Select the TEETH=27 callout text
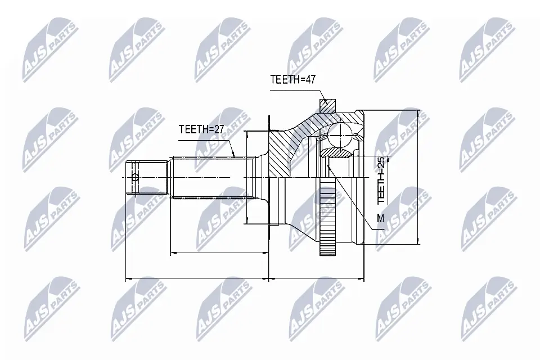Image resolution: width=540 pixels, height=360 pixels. [x=201, y=129]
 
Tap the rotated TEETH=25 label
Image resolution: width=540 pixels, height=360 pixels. [x=381, y=180]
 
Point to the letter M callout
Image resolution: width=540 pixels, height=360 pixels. [x=380, y=218]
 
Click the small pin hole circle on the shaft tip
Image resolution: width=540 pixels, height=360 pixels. [x=134, y=178]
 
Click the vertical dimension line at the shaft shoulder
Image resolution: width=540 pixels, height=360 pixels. [x=247, y=177]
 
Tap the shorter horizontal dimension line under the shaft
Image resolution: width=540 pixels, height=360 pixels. [x=219, y=253]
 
